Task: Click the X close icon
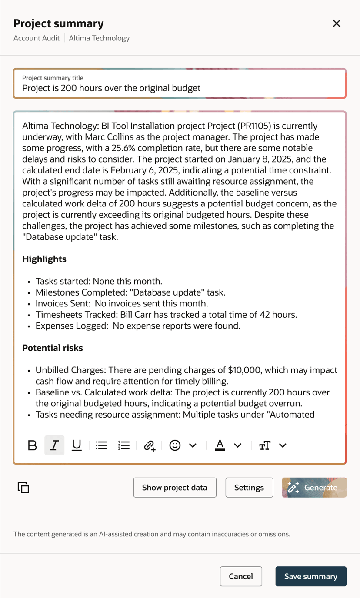(337, 23)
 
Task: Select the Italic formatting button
(54, 445)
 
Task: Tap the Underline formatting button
(77, 445)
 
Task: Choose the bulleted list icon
(102, 445)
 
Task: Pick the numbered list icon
(124, 445)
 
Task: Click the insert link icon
(150, 445)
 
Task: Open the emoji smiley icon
(175, 445)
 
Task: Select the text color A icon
(220, 445)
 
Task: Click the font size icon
(264, 445)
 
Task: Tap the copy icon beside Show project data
(23, 488)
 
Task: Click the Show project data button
(175, 488)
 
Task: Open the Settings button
(249, 488)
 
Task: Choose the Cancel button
(241, 576)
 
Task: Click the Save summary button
(311, 576)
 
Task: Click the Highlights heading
(44, 259)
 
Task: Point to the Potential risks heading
(53, 348)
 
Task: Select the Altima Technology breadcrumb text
(99, 38)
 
